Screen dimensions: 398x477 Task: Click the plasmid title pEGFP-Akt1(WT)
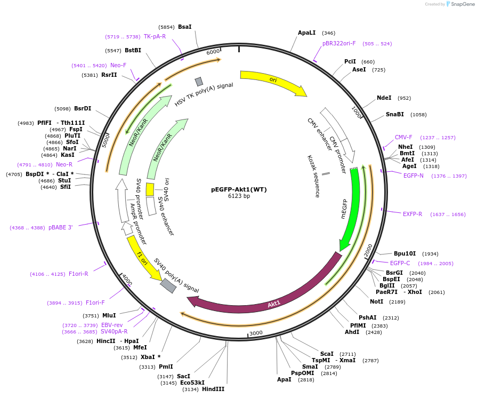239,189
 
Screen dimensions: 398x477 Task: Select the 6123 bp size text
239,196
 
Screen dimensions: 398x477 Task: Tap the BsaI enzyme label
184,27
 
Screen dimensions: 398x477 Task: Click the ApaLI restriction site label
307,33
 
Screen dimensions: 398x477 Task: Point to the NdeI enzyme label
384,98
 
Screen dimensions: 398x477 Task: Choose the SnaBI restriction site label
395,114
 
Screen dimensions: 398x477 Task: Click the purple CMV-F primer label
403,138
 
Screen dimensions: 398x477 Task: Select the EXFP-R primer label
413,214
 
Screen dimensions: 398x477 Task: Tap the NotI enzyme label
376,302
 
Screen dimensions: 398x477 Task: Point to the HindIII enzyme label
213,389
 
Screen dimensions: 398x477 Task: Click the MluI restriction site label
109,316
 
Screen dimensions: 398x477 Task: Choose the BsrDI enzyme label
83,109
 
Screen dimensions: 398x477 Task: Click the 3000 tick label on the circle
256,333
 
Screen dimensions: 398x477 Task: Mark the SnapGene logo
459,4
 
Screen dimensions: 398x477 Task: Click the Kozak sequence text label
313,176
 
